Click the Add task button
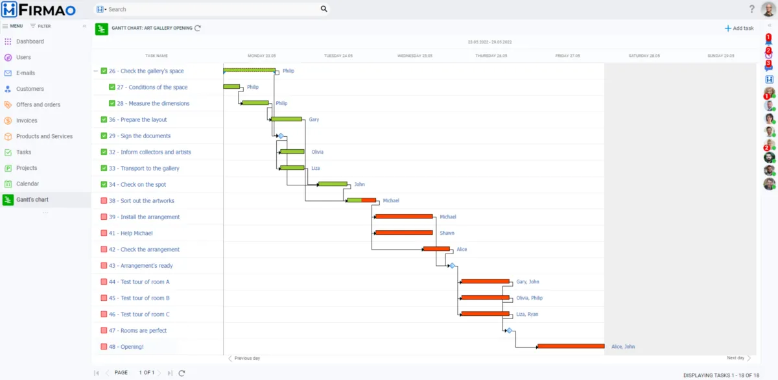739,28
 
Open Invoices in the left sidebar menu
27,121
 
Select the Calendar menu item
28,184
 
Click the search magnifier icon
324,9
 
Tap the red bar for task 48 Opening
571,346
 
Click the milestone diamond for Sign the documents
281,136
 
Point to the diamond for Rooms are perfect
509,331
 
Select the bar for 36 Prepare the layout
287,119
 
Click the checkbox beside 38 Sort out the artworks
104,201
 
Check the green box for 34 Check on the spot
104,185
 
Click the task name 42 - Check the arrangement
144,250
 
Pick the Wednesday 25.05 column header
415,56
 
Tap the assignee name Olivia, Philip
529,298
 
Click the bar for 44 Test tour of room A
485,281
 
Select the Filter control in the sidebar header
40,26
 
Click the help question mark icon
751,9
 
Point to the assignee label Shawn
447,233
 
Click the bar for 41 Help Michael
404,232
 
